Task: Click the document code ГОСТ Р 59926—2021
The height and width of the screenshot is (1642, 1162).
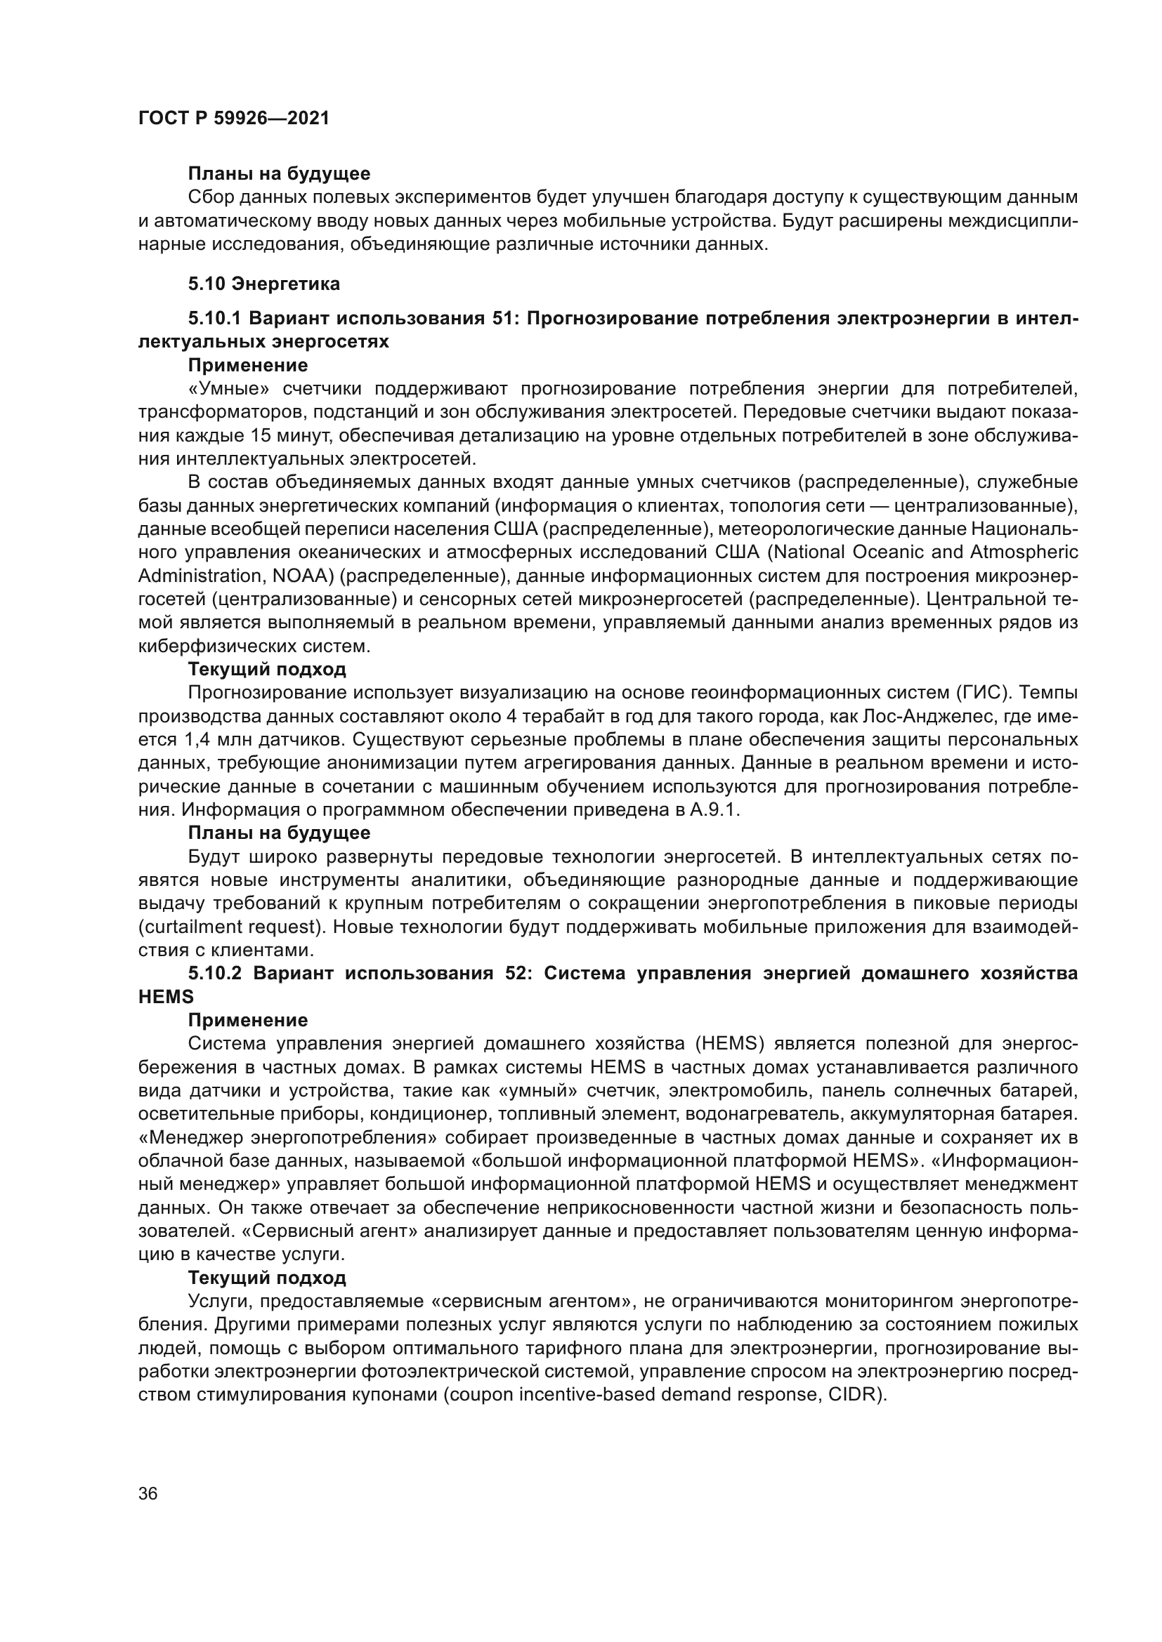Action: click(233, 119)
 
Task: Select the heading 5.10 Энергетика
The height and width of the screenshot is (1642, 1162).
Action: click(264, 284)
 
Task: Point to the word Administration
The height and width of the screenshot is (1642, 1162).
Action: click(189, 576)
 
